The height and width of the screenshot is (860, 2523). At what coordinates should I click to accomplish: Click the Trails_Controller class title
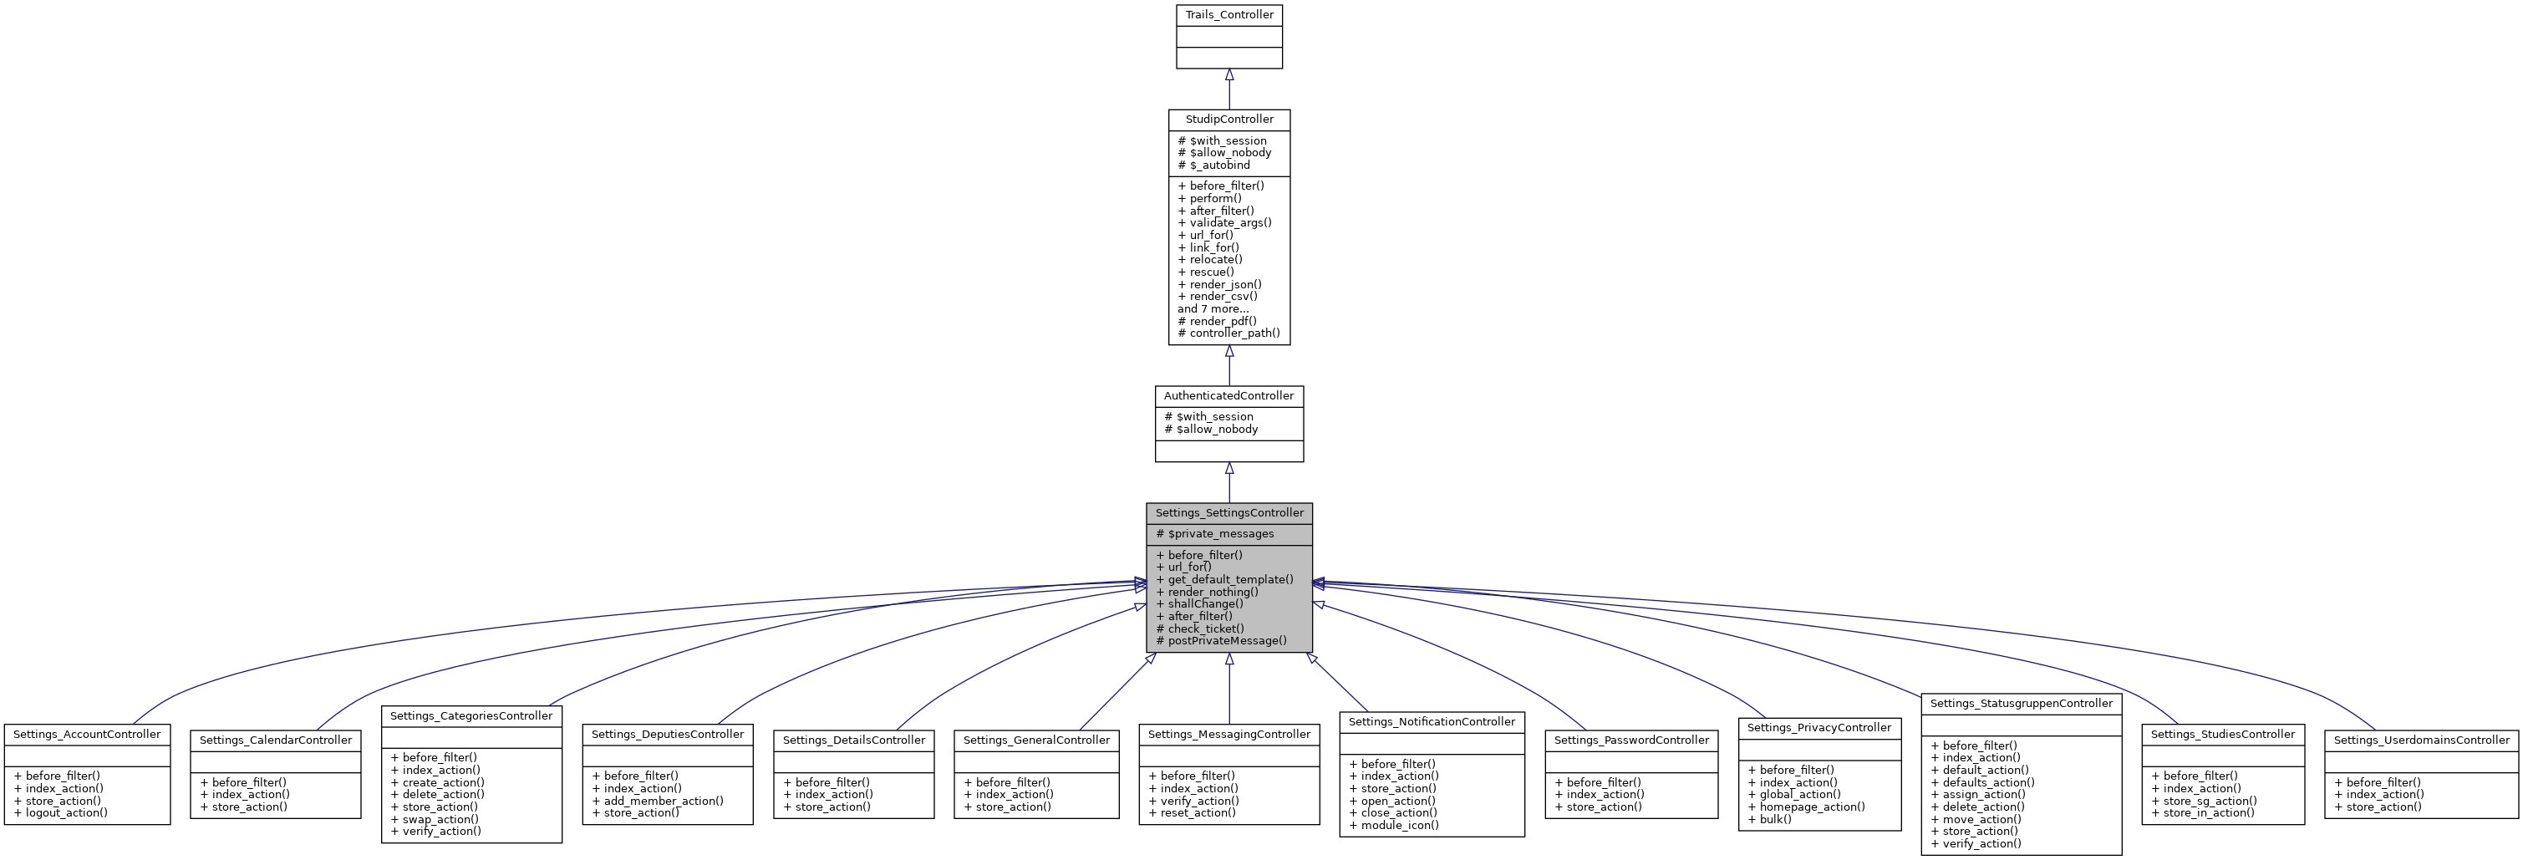pos(1228,15)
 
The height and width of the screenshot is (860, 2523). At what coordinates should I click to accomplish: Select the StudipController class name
pos(1228,120)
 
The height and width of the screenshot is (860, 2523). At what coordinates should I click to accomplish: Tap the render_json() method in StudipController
pos(1219,284)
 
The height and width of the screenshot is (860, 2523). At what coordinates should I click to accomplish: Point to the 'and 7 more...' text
pos(1213,308)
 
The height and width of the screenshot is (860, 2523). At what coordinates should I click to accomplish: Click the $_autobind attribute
pos(1213,165)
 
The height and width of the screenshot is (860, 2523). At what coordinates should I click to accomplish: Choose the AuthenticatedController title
pos(1228,395)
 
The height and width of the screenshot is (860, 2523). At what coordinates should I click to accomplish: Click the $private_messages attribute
pos(1214,534)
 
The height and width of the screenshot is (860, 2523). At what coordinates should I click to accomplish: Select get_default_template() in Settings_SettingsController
pos(1224,580)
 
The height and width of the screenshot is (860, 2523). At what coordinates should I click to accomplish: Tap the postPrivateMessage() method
pos(1221,640)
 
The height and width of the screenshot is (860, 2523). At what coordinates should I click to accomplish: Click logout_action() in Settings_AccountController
pos(61,813)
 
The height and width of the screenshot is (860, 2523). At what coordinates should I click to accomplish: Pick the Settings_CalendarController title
pos(275,740)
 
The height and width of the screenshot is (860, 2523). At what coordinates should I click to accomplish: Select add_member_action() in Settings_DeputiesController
pos(657,801)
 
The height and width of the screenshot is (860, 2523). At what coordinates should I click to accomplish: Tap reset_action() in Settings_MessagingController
pos(1191,813)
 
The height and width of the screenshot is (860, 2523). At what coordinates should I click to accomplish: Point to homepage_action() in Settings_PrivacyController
pos(1805,807)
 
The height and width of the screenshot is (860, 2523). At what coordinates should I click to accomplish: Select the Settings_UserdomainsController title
pos(2421,740)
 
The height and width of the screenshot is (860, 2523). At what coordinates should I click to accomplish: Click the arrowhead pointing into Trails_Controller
pos(1228,75)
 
